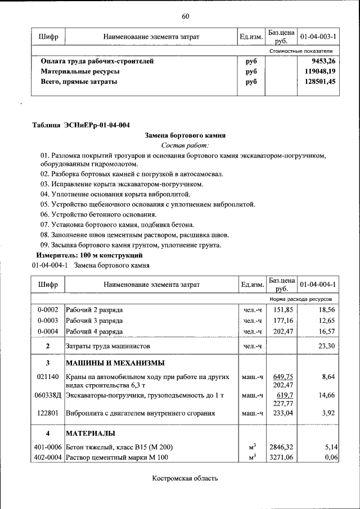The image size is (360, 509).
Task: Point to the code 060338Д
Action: pyautogui.click(x=48, y=395)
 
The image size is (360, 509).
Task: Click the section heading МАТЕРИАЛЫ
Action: pyautogui.click(x=91, y=433)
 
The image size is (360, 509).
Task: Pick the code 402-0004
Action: pyautogui.click(x=48, y=457)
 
